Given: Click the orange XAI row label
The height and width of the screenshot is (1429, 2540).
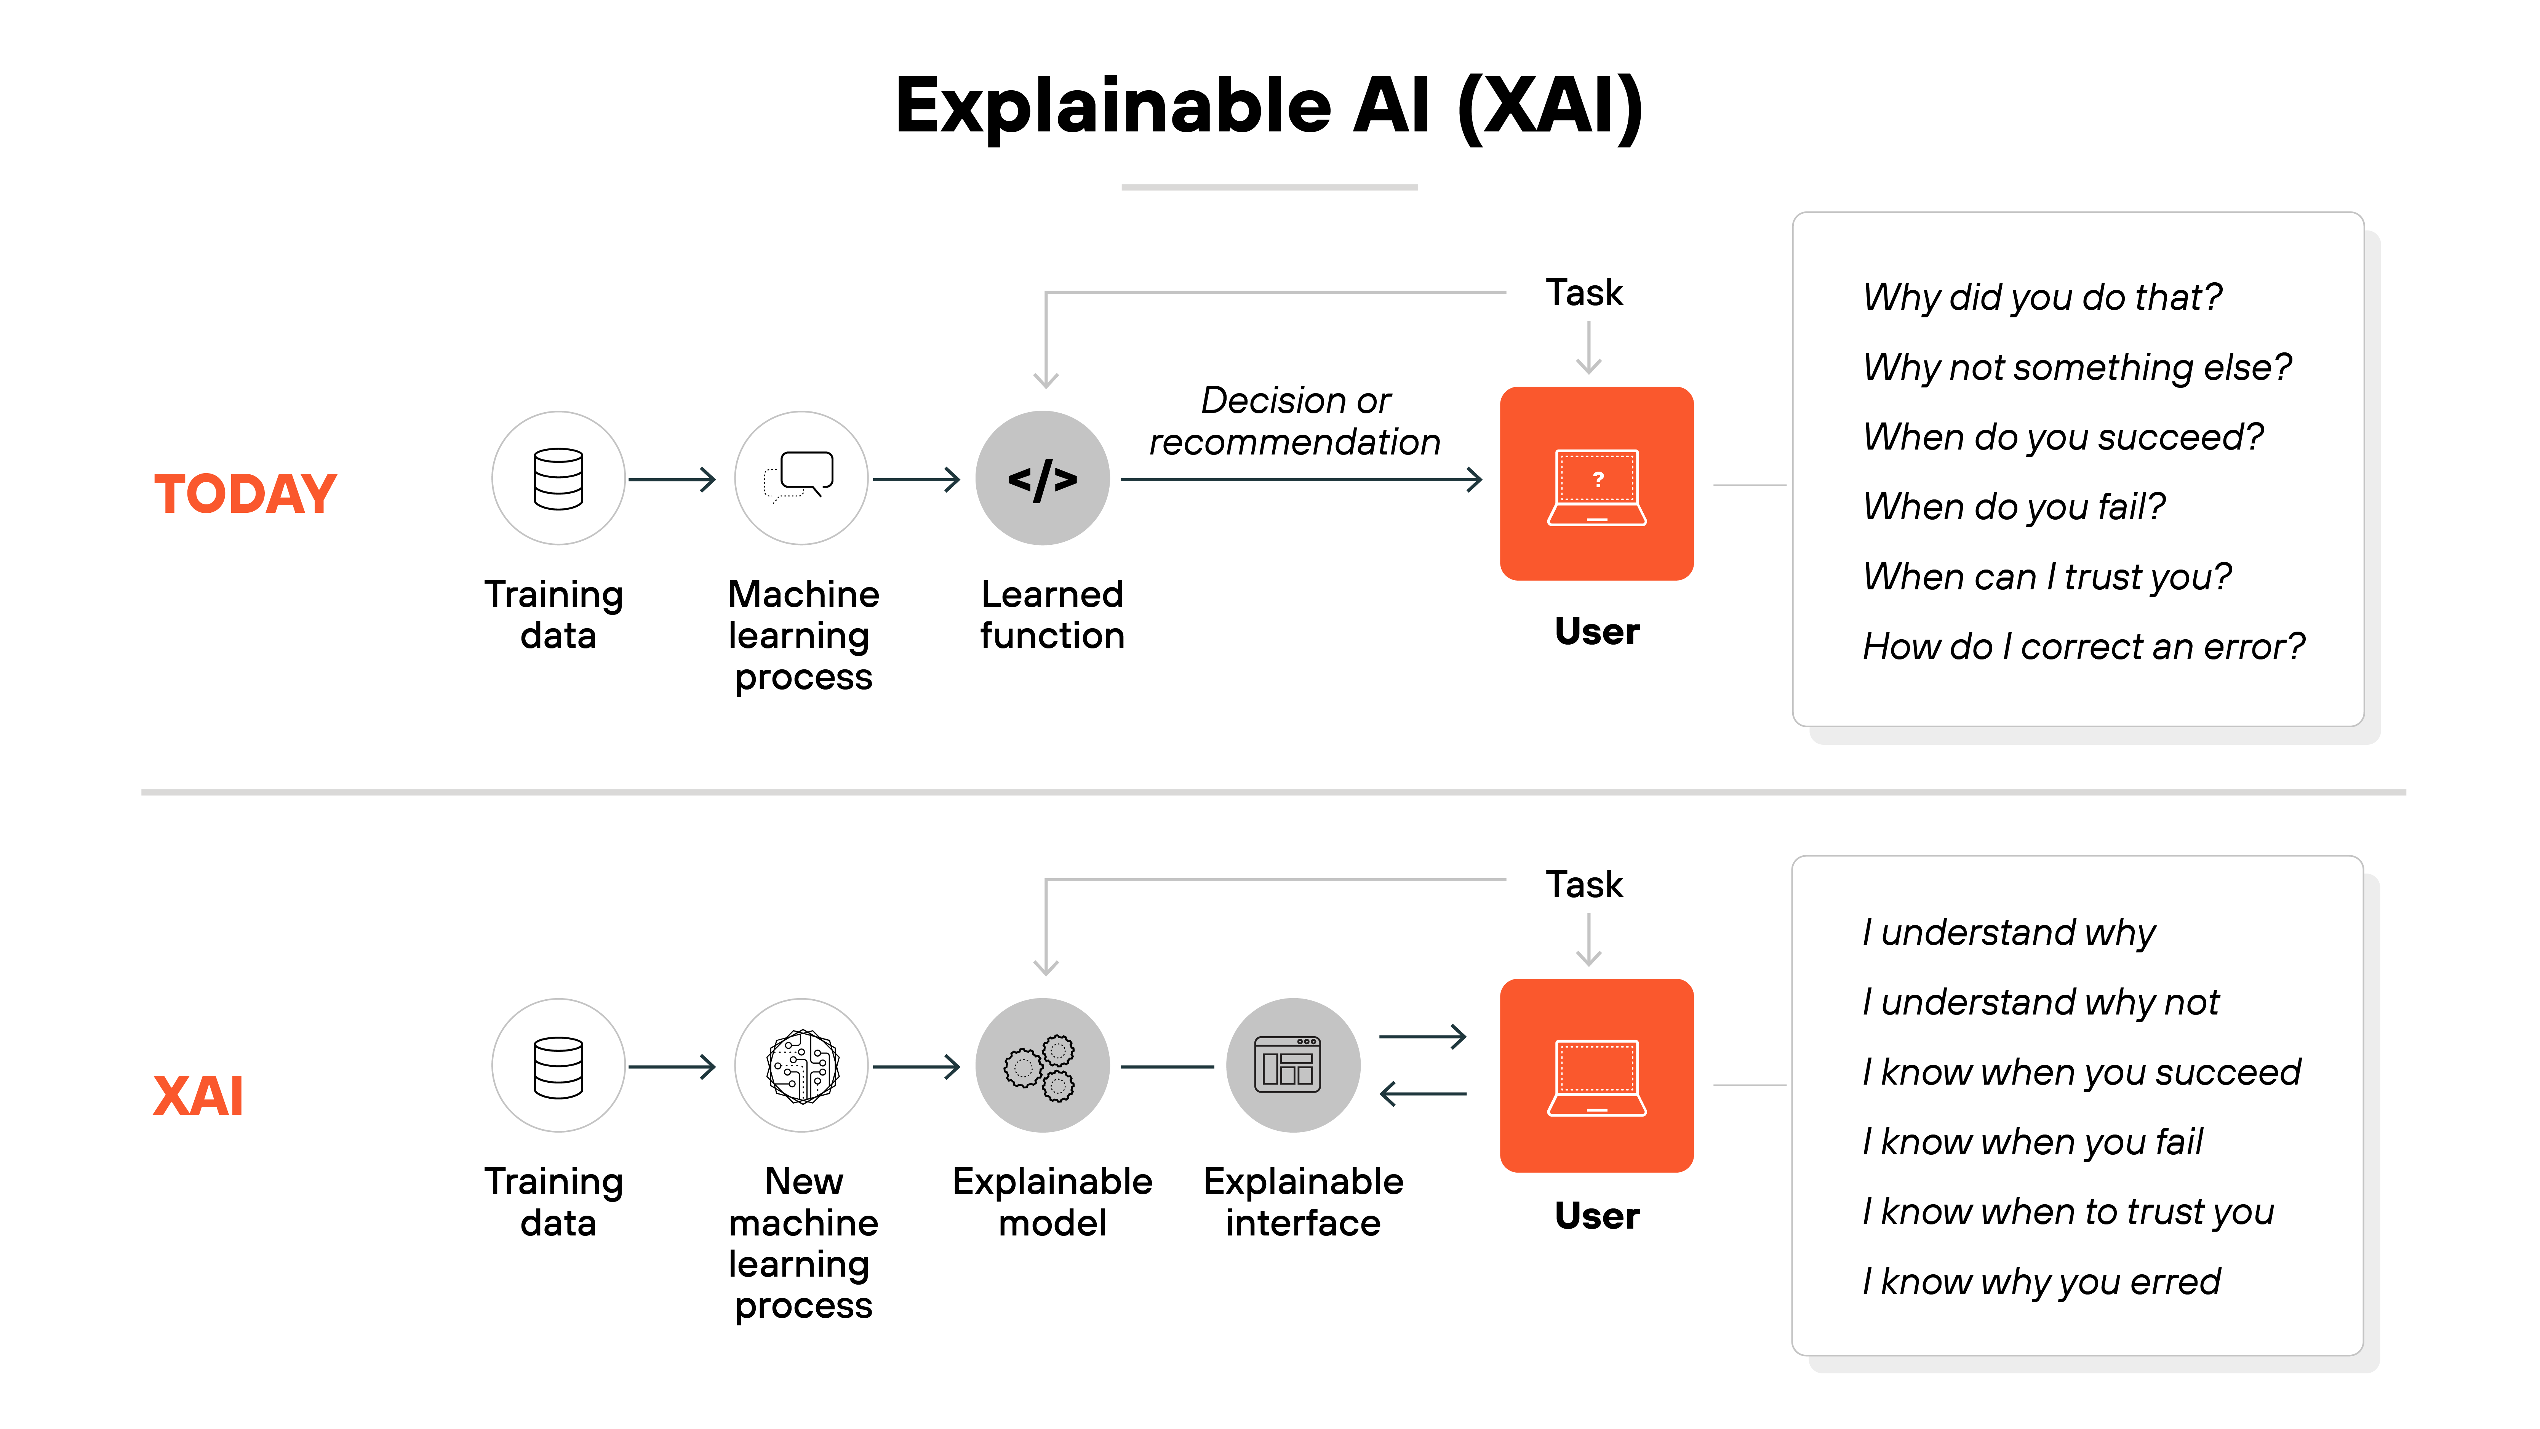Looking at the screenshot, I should point(198,1096).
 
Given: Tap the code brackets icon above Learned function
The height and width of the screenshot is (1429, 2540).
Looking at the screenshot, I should point(1042,479).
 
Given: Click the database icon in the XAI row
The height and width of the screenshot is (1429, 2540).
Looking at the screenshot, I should point(558,1066).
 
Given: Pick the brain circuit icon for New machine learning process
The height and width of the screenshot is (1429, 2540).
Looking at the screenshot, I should point(803,1066).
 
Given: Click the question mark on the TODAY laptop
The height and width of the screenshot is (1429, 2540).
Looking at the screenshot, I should point(1597,479).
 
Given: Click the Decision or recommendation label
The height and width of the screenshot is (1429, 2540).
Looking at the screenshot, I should point(1295,421).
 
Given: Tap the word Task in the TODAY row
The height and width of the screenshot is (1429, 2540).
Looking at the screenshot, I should point(1584,293).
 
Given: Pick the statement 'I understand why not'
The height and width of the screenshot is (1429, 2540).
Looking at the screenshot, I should point(2039,1002).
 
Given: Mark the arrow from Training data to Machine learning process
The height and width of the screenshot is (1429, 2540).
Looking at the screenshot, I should point(672,479).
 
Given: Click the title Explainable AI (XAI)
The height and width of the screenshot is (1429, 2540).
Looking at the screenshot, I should point(1269,107).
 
